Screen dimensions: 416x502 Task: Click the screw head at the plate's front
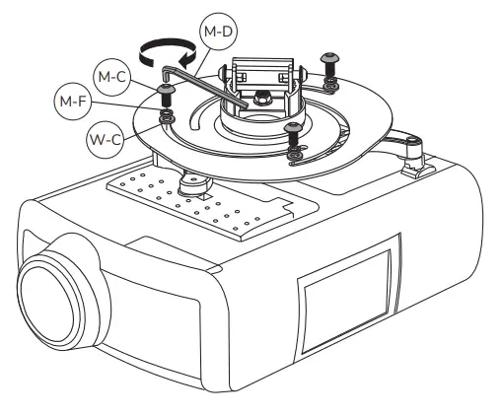coord(291,127)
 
